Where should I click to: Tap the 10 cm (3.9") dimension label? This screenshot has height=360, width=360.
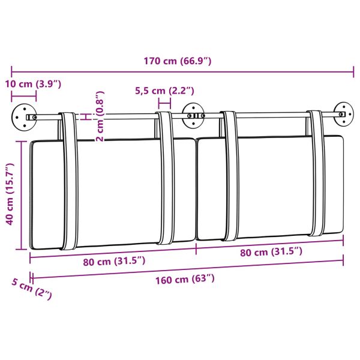[x=34, y=83]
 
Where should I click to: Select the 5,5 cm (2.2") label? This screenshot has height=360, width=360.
[x=164, y=91]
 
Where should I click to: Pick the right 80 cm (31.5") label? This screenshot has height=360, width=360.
[x=271, y=252]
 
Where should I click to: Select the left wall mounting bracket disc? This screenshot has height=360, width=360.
[x=23, y=116]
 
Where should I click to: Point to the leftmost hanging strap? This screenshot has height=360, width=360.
[x=68, y=180]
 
